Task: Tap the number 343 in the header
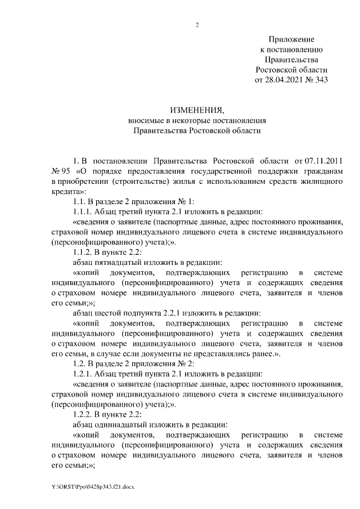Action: tap(319, 79)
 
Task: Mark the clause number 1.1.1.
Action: tap(83, 211)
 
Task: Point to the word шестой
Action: tap(111, 313)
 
